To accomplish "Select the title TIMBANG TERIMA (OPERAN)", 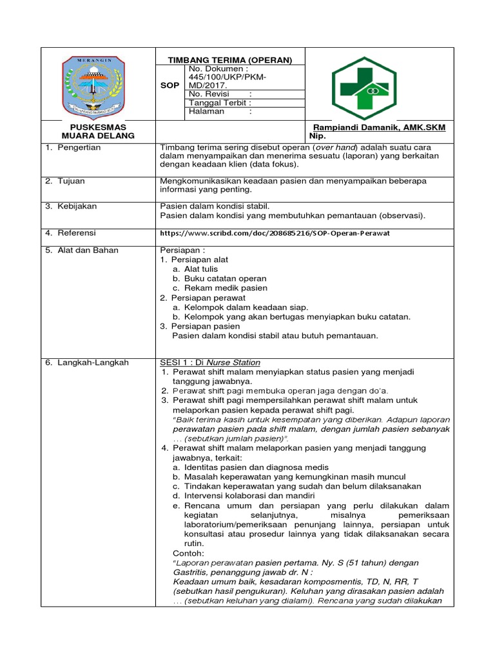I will point(230,60).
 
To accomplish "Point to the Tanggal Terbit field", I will point(220,102).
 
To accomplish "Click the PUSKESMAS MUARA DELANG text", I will point(97,132).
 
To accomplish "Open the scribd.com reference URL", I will point(275,233).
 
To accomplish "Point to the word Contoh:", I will point(188,553).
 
